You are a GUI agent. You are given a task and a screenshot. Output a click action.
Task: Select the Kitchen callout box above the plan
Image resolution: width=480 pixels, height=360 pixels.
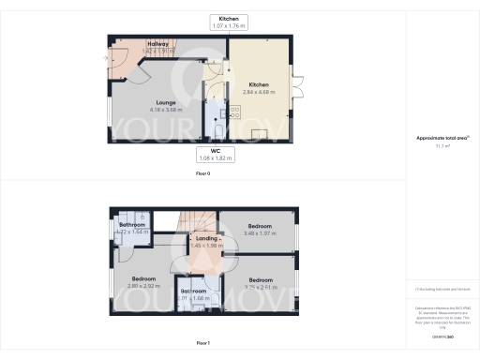(x=229, y=22)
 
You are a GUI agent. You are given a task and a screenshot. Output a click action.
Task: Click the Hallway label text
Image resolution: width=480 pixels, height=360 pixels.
(x=131, y=43)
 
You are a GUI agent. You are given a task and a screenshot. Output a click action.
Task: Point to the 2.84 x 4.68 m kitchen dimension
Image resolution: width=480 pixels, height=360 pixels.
(x=260, y=92)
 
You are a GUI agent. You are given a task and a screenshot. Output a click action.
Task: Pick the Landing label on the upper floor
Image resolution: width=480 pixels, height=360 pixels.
(x=204, y=239)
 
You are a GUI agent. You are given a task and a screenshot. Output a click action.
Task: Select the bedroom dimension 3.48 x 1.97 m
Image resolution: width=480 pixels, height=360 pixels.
(x=260, y=233)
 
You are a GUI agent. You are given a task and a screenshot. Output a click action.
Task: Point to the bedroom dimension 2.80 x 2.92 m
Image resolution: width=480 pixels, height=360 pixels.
(x=145, y=286)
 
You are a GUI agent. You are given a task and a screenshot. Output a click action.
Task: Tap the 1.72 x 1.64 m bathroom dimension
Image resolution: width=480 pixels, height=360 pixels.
(x=131, y=232)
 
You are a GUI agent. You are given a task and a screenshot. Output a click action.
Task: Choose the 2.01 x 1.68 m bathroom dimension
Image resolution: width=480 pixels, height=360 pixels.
(x=194, y=299)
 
